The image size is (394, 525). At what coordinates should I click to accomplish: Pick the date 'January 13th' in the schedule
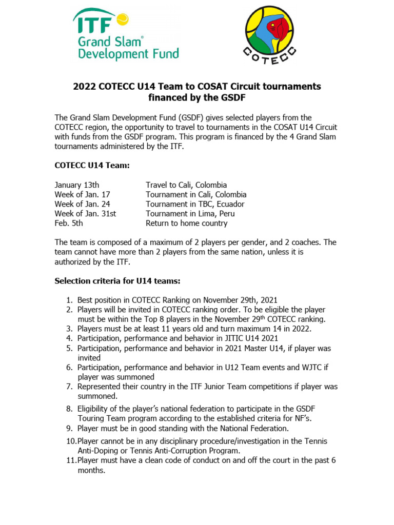coord(77,185)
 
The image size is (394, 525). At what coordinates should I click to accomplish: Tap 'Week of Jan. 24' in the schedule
coord(82,204)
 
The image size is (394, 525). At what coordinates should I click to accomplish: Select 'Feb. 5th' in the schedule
coord(69,223)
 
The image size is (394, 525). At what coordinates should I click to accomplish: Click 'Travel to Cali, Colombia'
coord(186,185)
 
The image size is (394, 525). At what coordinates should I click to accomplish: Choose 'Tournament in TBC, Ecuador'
coord(195,204)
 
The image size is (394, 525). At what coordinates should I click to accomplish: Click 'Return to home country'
coord(186,223)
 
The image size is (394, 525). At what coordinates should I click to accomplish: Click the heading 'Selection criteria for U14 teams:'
coord(118,281)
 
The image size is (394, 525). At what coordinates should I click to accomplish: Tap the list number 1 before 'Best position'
coord(68,300)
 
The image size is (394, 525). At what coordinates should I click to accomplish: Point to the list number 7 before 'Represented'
coord(68,387)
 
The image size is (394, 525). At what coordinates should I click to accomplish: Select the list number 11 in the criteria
coord(70,460)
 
